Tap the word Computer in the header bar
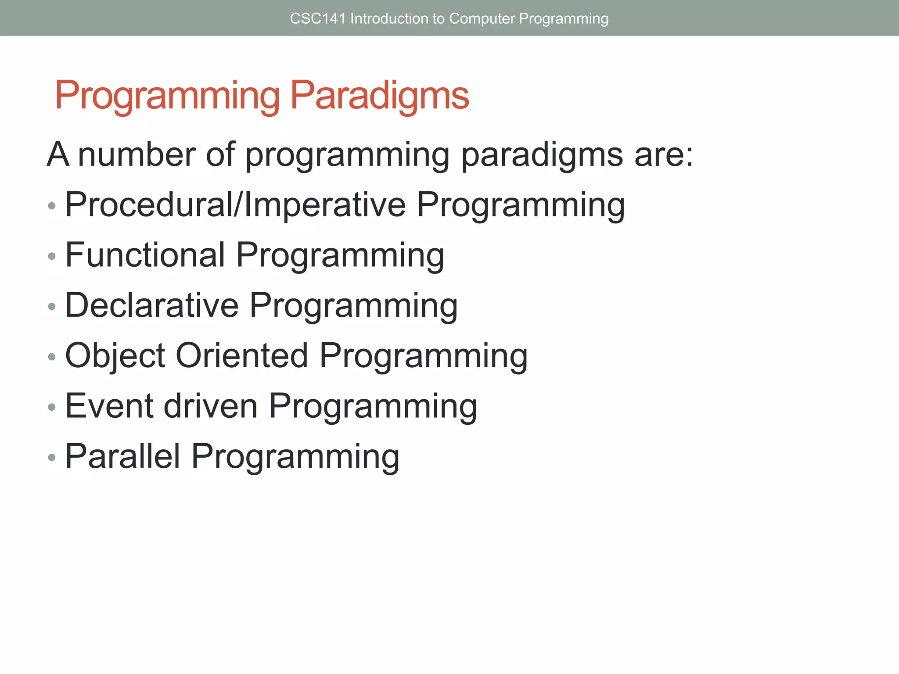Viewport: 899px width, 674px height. click(x=482, y=18)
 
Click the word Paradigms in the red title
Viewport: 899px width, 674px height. click(x=380, y=95)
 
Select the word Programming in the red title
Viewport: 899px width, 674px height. click(x=167, y=95)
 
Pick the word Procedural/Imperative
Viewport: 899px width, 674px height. click(x=235, y=205)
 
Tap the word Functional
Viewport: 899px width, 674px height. click(x=145, y=255)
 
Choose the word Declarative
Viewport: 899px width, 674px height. click(x=152, y=306)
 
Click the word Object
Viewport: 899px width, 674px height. click(x=115, y=356)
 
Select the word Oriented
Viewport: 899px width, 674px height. click(x=242, y=356)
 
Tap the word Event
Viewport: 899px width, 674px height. click(x=109, y=406)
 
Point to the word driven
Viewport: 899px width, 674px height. click(x=211, y=406)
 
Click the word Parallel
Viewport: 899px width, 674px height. click(x=123, y=457)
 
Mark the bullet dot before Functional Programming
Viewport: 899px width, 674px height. click(x=52, y=256)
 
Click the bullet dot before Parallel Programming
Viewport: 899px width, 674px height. click(x=52, y=458)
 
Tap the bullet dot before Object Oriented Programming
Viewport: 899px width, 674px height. click(x=52, y=357)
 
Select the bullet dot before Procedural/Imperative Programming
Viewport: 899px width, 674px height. click(x=52, y=206)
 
